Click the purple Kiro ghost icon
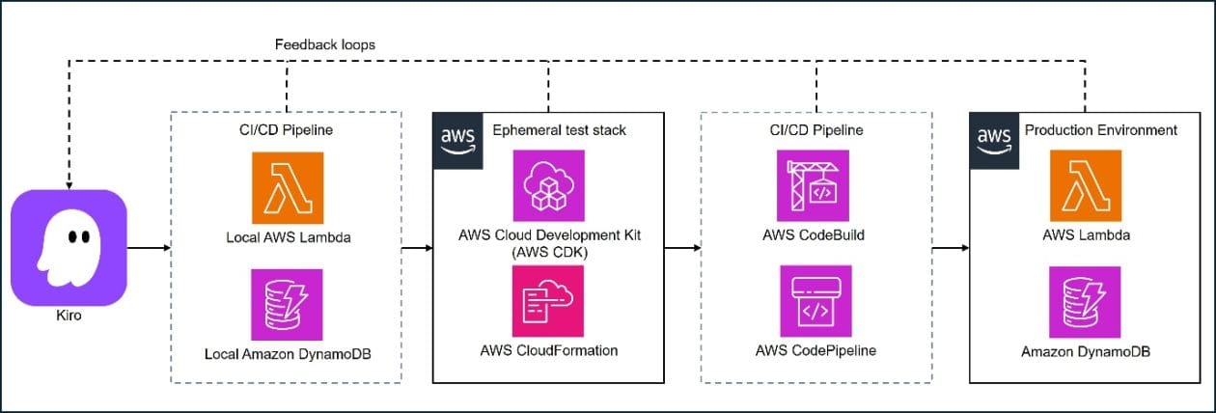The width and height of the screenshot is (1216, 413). click(69, 247)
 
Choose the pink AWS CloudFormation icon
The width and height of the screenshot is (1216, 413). click(549, 300)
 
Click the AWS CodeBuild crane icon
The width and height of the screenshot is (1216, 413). click(814, 186)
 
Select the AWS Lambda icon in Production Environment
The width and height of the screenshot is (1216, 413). click(1086, 186)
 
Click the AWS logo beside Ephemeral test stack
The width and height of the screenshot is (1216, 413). click(457, 140)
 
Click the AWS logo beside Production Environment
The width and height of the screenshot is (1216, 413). click(992, 140)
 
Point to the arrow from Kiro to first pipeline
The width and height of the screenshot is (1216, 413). click(149, 248)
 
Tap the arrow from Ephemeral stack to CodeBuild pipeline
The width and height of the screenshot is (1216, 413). click(682, 248)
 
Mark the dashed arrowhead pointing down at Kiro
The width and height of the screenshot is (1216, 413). click(69, 183)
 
